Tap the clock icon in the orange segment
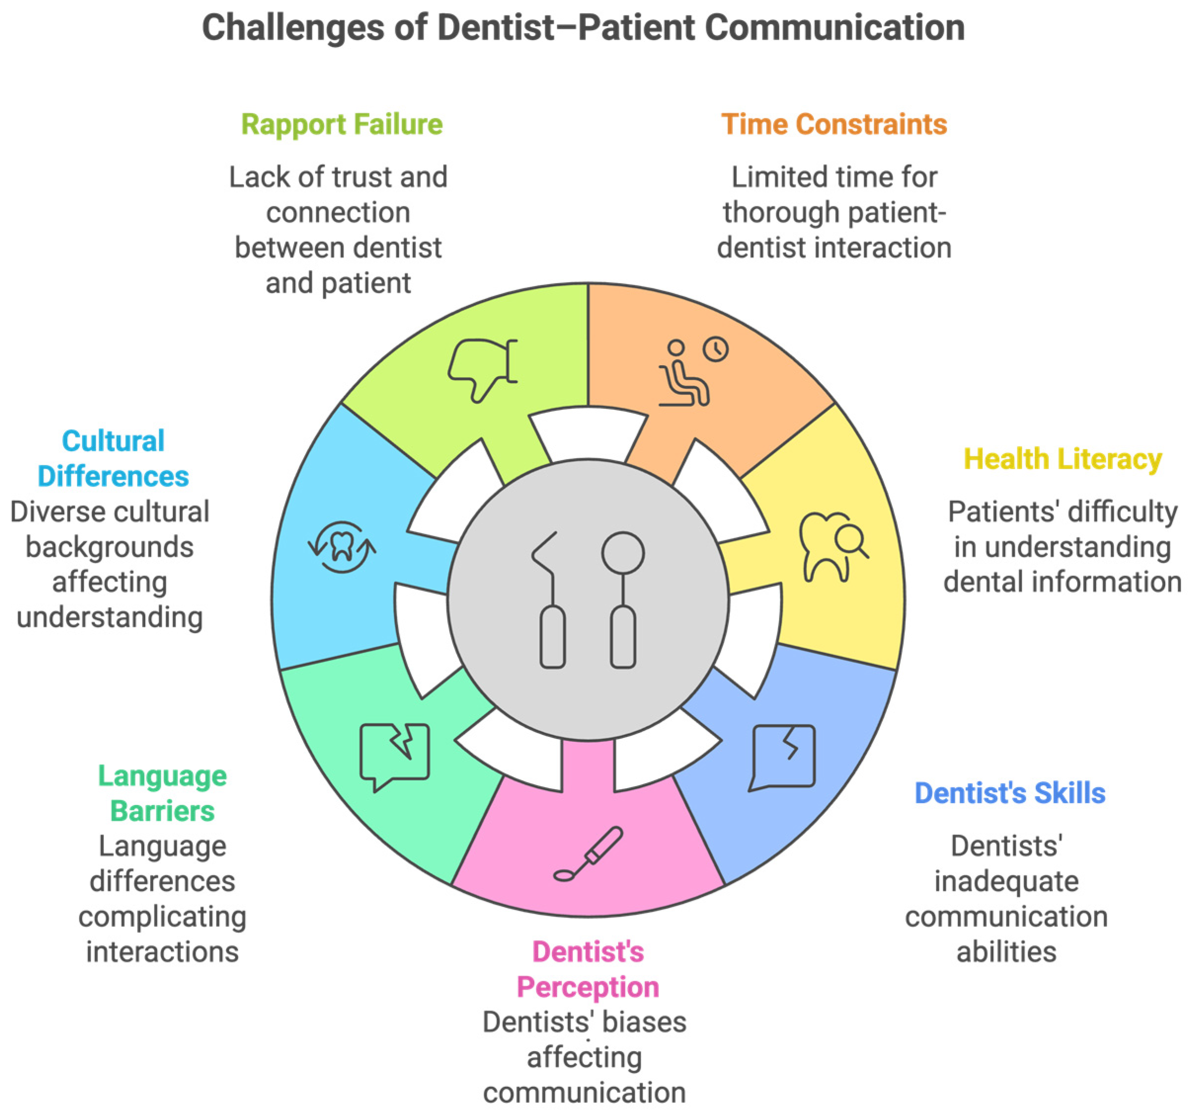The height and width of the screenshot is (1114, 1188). tap(715, 349)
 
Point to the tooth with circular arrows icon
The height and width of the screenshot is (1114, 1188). tap(342, 546)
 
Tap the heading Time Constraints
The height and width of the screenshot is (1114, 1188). tap(834, 125)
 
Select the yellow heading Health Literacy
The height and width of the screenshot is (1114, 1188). tap(1062, 459)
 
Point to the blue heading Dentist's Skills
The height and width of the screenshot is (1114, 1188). tap(1009, 793)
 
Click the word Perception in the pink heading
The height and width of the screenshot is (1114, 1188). tap(587, 987)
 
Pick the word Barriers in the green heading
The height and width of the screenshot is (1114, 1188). tap(162, 811)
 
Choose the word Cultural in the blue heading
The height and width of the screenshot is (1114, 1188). tap(113, 441)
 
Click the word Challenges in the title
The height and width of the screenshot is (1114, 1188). tap(293, 28)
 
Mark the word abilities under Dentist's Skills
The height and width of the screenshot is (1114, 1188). tap(1006, 952)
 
